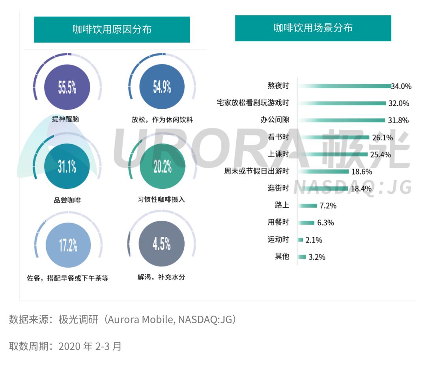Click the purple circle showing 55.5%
[67, 87]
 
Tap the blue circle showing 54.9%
[162, 87]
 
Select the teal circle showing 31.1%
[67, 167]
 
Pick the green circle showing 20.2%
[162, 167]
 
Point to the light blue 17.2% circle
[68, 245]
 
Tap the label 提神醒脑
[65, 119]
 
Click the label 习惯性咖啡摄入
[159, 199]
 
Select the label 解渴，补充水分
[161, 277]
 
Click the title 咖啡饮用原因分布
[112, 30]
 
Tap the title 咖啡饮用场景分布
[313, 28]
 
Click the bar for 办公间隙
[342, 120]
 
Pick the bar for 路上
[308, 205]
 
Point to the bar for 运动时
[301, 240]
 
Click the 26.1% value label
[381, 138]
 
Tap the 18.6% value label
[361, 171]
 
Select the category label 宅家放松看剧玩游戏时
[253, 103]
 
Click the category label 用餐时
[278, 222]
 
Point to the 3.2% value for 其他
[317, 257]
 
